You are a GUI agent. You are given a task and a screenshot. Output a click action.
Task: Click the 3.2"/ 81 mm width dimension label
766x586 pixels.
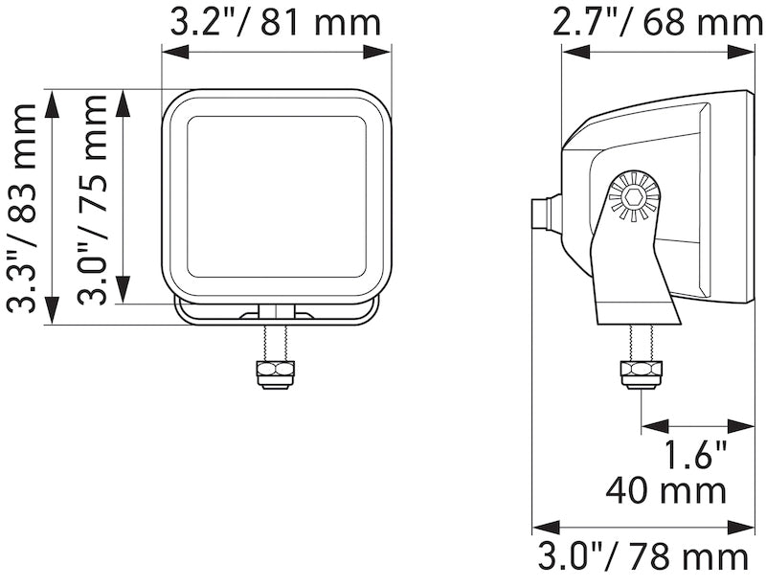point(276,21)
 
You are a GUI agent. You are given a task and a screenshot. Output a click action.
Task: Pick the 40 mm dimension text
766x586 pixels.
point(666,491)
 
